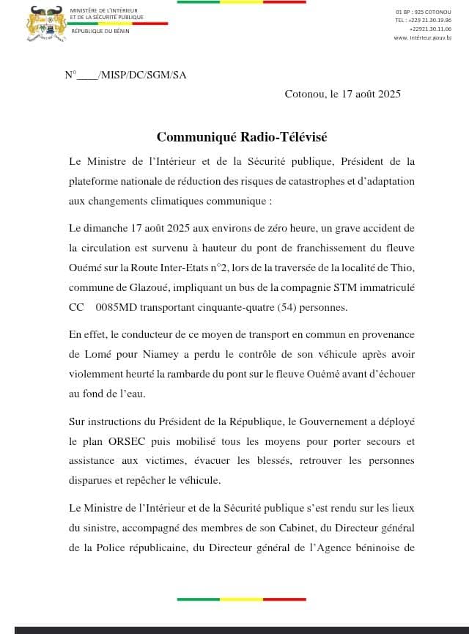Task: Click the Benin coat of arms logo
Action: (46, 23)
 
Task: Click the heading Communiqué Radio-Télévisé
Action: (242, 137)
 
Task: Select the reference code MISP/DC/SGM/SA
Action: (141, 75)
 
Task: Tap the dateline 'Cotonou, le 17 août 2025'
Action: (342, 94)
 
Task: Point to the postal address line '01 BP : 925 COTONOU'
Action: (424, 12)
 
